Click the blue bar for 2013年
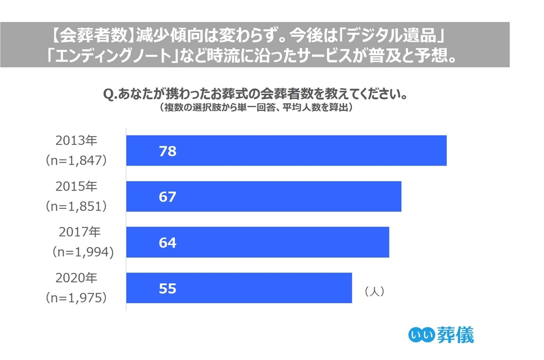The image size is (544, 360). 286,150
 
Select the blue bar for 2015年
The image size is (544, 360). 264,196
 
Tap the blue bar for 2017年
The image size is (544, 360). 258,242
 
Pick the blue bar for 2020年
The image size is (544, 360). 239,288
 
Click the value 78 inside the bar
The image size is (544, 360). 167,152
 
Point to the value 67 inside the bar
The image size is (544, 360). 167,197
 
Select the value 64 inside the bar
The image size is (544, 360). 167,243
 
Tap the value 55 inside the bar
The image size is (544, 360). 167,288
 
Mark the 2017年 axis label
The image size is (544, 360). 79,232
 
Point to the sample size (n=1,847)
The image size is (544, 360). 77,161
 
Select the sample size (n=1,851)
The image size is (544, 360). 77,207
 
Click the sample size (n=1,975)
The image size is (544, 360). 77,298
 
